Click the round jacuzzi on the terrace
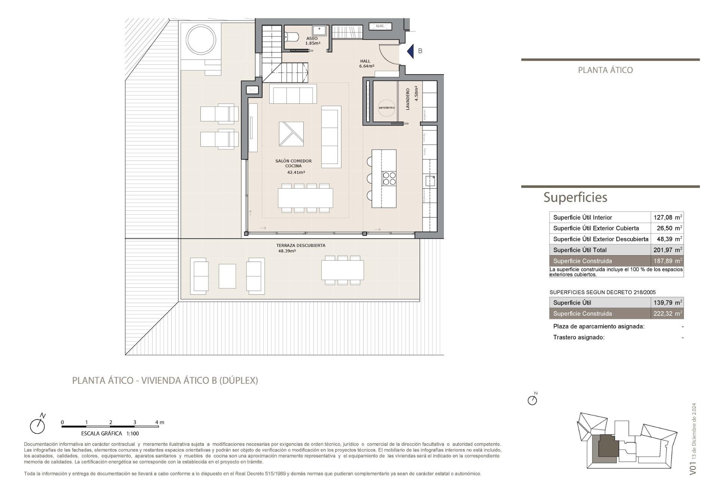(x=201, y=39)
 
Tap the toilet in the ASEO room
(x=292, y=37)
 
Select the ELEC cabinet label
(x=380, y=26)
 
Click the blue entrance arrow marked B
(x=411, y=51)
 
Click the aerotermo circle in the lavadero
(x=386, y=107)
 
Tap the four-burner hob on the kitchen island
(x=389, y=179)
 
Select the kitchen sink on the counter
(x=430, y=181)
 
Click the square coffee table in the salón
(x=291, y=134)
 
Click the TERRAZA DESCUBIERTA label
(x=300, y=246)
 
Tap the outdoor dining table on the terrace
(x=342, y=270)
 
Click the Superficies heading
(x=575, y=197)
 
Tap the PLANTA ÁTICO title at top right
(x=605, y=70)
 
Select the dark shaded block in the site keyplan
(x=609, y=446)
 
